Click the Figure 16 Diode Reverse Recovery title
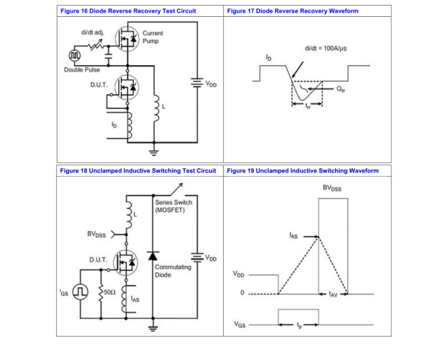click(128, 11)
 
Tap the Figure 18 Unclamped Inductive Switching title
click(137, 171)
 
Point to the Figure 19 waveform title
click(303, 171)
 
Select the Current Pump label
click(153, 37)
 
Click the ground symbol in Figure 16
click(153, 152)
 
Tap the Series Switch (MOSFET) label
click(173, 206)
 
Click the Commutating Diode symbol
click(153, 256)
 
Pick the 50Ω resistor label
click(110, 292)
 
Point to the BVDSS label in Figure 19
click(332, 188)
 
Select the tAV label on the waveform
click(333, 294)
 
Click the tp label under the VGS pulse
click(298, 325)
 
